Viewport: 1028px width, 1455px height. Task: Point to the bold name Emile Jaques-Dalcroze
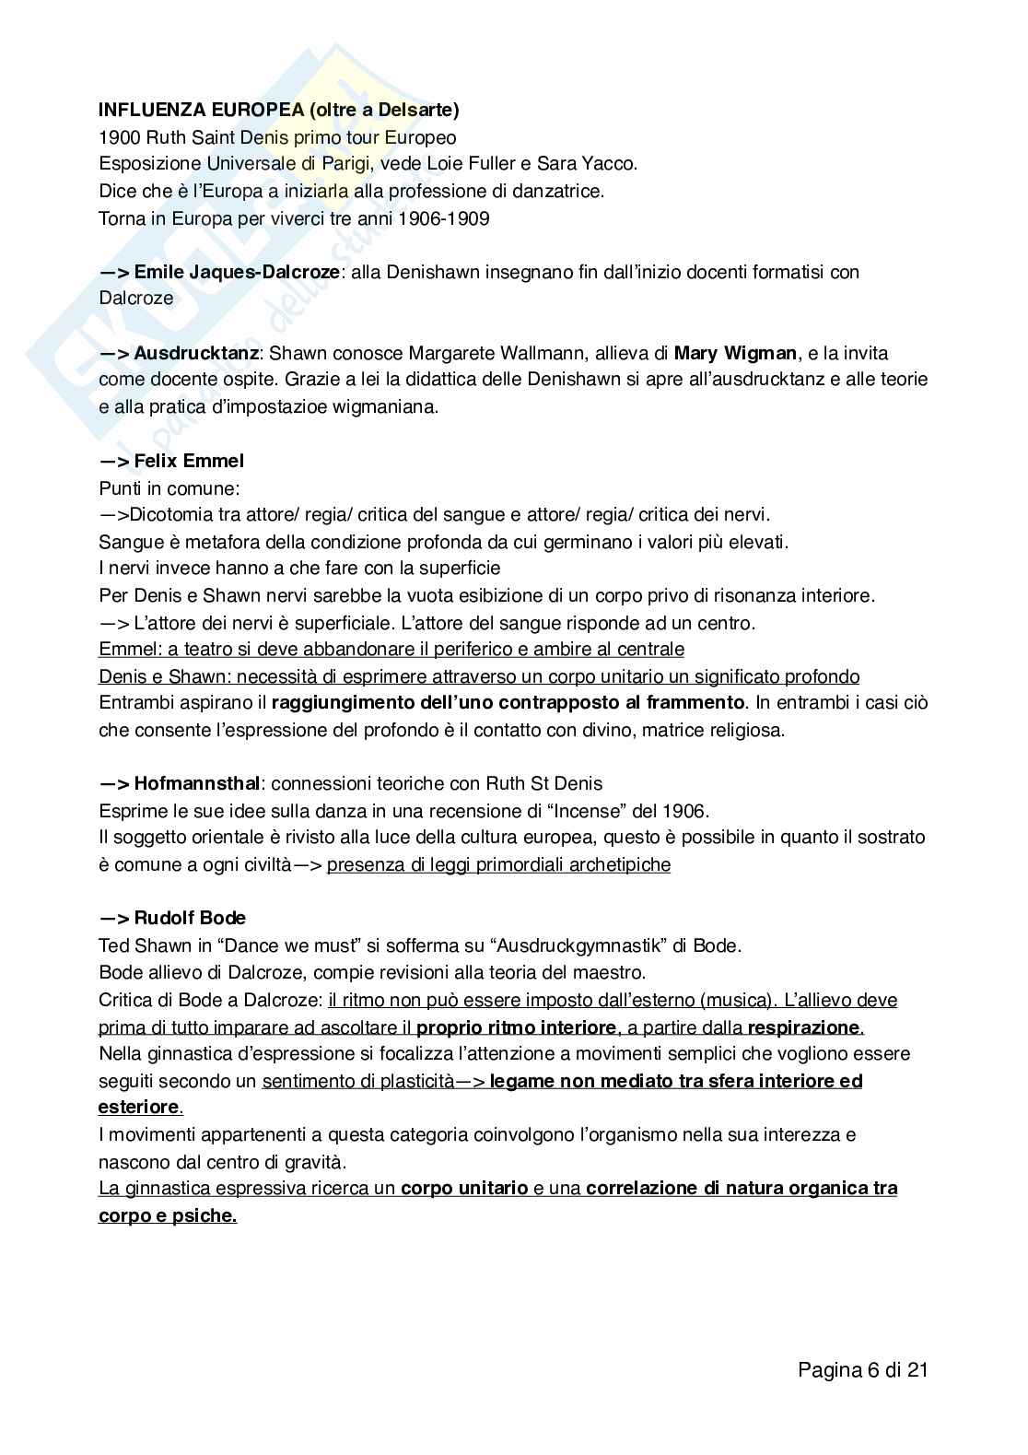pos(236,272)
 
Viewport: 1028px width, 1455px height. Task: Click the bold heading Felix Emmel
pos(189,461)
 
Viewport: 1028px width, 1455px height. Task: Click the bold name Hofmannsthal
pos(197,784)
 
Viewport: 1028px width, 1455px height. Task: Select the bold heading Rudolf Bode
pos(190,919)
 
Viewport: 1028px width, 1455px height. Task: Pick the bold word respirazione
pos(803,1027)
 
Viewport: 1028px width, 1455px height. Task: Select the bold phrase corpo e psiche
pos(167,1215)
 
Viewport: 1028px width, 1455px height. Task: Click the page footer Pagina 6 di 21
pos(862,1370)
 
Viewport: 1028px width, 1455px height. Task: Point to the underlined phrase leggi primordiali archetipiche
pos(498,864)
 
